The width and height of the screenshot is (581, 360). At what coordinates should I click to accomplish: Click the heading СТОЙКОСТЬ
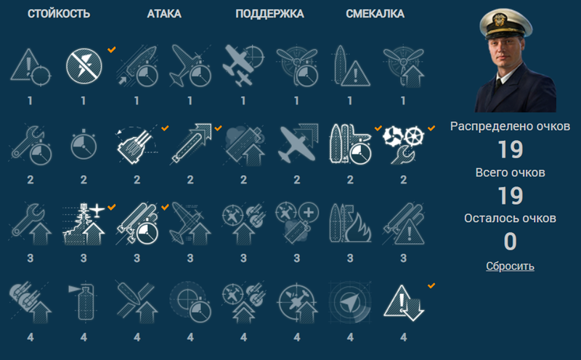[59, 14]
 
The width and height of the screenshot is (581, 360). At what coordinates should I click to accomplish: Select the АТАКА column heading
[164, 14]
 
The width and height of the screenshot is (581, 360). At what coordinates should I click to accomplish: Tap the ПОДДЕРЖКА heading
[269, 14]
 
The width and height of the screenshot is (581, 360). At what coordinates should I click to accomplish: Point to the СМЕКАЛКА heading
[375, 14]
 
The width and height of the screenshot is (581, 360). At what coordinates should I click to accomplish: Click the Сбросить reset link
[510, 266]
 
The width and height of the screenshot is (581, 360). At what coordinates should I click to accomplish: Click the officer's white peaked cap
[505, 23]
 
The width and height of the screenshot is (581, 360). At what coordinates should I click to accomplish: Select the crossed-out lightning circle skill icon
[84, 66]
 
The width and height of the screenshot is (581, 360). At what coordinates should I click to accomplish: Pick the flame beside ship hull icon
[350, 224]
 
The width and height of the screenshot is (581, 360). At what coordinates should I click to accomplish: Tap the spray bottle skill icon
[83, 302]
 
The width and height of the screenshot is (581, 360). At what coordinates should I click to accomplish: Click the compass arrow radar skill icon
[350, 302]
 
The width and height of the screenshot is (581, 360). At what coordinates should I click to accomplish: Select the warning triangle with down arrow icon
[404, 302]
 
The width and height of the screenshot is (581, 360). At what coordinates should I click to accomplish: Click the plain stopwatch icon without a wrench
[84, 145]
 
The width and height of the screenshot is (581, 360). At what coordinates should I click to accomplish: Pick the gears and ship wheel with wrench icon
[404, 145]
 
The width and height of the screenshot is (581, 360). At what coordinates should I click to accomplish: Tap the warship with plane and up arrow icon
[84, 224]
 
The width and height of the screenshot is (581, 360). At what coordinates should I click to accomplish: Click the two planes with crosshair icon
[243, 65]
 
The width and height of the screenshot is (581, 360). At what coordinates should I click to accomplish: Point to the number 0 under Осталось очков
[511, 242]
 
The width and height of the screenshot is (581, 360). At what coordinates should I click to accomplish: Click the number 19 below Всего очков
[511, 195]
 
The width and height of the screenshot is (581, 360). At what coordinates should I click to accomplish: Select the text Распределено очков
[510, 127]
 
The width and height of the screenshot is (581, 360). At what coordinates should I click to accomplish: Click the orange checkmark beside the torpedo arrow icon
[219, 128]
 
